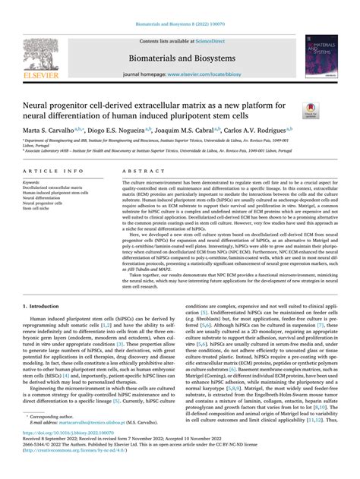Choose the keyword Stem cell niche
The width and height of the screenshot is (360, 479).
[x=40, y=209]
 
